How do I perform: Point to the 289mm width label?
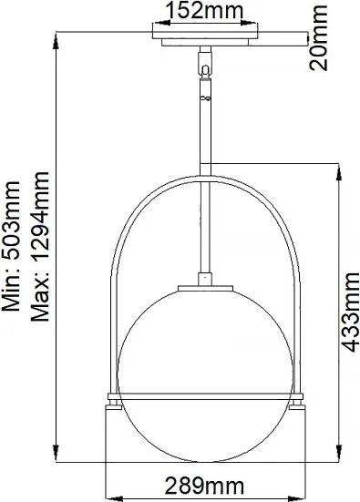click(x=205, y=487)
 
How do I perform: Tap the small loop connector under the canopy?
click(x=204, y=69)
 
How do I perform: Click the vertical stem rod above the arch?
click(x=205, y=128)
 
